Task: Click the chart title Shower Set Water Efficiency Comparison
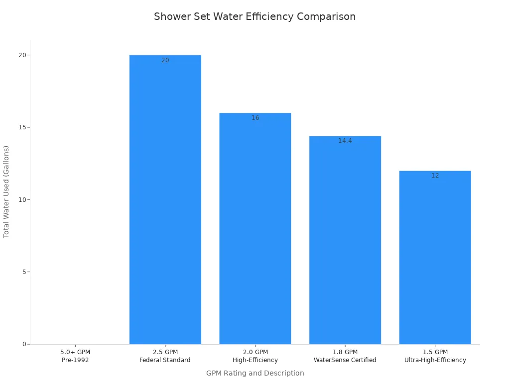tap(255, 16)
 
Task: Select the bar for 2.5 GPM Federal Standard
tap(165, 199)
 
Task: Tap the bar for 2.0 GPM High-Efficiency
tap(255, 228)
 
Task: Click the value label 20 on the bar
tap(165, 60)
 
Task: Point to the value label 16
tap(255, 118)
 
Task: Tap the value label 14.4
tap(345, 141)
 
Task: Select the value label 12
tap(435, 176)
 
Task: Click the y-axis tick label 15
tap(22, 127)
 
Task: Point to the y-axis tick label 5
tap(24, 272)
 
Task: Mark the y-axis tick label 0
tap(24, 344)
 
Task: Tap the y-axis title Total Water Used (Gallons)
tap(6, 191)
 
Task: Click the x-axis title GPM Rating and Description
tap(255, 373)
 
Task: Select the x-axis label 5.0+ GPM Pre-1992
tap(75, 356)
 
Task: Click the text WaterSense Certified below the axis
tap(345, 360)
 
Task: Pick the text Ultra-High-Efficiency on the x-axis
tap(435, 360)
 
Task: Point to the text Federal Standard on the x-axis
tap(165, 360)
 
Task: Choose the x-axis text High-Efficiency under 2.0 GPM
tap(255, 360)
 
